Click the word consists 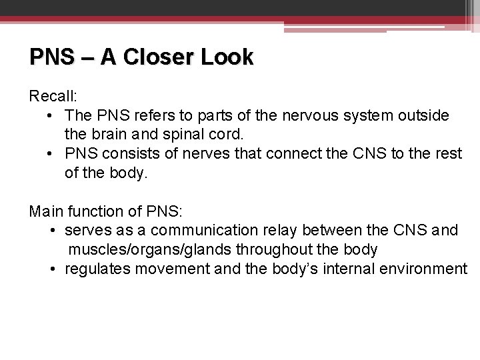pyautogui.click(x=128, y=154)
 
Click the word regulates pyautogui.click(x=97, y=269)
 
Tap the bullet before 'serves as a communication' pyautogui.click(x=53, y=231)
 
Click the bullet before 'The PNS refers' pyautogui.click(x=53, y=116)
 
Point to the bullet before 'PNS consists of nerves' pyautogui.click(x=53, y=155)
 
